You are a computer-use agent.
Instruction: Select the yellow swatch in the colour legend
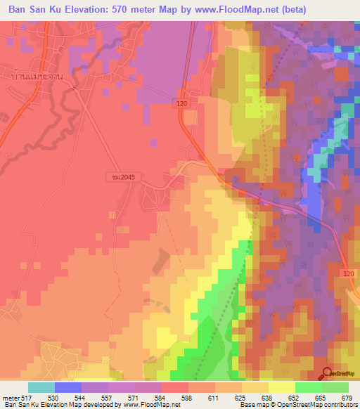click(282, 388)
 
